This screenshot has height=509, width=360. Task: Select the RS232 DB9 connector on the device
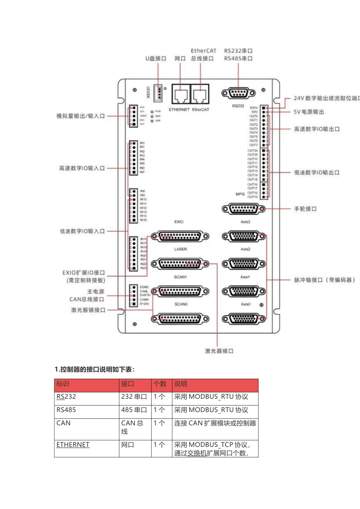coord(238,93)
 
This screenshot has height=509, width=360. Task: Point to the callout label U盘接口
coord(156,59)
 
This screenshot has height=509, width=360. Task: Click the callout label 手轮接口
coord(305,209)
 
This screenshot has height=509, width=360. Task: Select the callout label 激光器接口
coord(219,351)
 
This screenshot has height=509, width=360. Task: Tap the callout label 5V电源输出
coord(308,112)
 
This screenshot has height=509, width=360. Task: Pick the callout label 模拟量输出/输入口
coord(80,116)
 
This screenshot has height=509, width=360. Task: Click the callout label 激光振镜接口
coord(88,310)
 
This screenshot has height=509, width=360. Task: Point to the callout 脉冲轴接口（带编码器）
coord(324,280)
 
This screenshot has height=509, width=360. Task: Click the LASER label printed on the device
coord(180,249)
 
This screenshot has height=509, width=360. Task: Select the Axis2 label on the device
coord(245,249)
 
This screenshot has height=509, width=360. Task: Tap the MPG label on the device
coord(240,194)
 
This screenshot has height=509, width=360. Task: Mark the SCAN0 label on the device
coord(181,304)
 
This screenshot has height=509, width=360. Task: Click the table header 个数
coord(160,384)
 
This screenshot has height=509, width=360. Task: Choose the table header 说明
coord(181,384)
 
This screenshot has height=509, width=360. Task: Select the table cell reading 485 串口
coord(134,410)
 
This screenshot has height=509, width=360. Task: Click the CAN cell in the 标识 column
coord(64,423)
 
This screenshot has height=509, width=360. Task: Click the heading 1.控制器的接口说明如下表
coord(94,369)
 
